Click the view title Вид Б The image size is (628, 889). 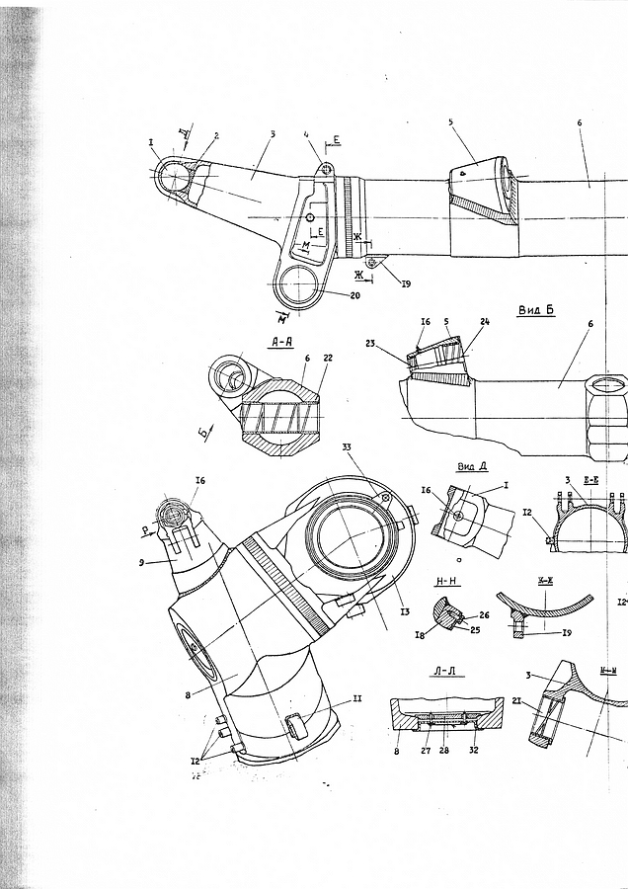[x=536, y=310]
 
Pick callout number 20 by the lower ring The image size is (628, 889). [x=355, y=295]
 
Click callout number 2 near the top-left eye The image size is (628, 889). [x=215, y=135]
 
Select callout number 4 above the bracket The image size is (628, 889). [x=308, y=133]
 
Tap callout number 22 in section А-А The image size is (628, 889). [x=328, y=360]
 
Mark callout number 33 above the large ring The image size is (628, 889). [x=347, y=448]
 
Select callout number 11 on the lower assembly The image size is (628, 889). [x=357, y=698]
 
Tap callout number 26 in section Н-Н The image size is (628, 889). [x=485, y=615]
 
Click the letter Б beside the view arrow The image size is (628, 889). [x=202, y=432]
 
